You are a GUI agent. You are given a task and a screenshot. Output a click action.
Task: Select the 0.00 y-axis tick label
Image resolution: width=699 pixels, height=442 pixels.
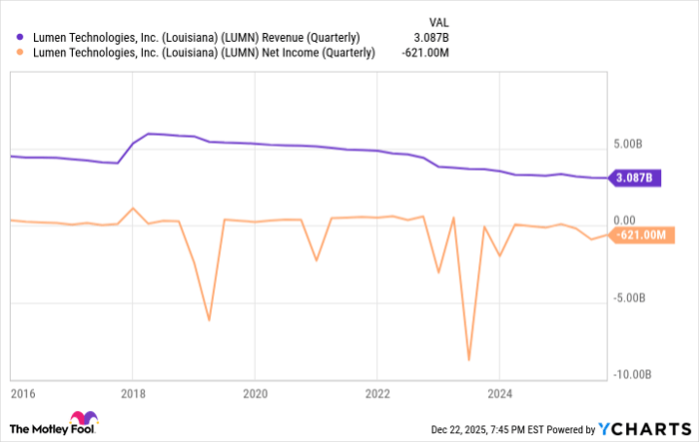(x=625, y=221)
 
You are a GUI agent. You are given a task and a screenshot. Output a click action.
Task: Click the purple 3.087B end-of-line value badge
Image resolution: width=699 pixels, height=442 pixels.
(x=634, y=179)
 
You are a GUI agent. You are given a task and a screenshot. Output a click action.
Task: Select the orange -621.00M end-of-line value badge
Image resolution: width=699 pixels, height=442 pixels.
(x=639, y=235)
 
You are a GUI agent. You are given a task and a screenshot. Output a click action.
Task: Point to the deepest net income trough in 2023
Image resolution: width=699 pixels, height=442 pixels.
(x=468, y=359)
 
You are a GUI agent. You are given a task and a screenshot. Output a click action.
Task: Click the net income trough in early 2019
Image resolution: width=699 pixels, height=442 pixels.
(x=209, y=320)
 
